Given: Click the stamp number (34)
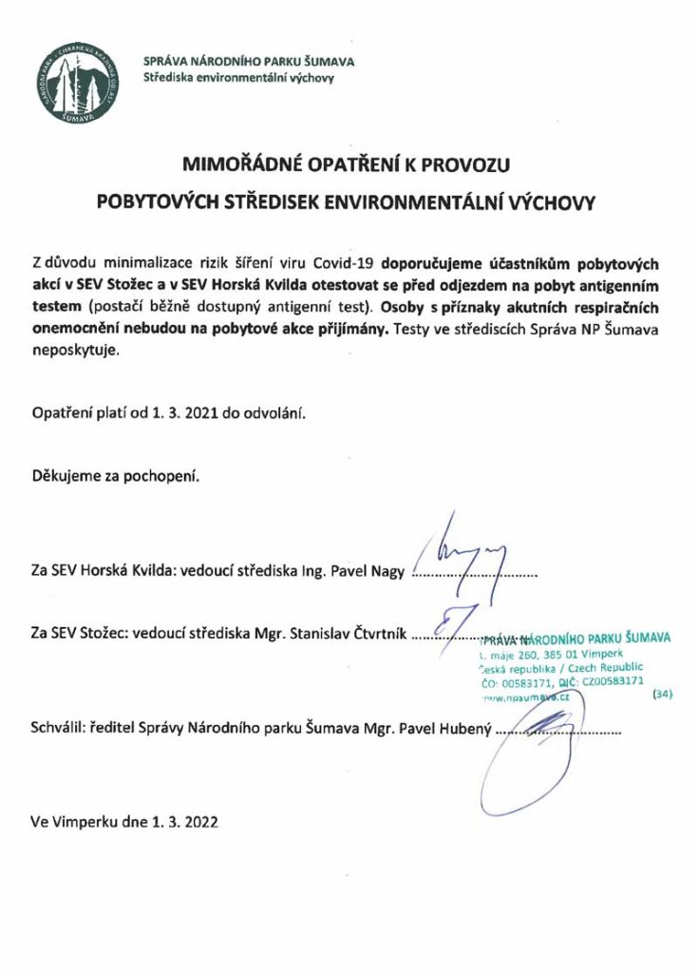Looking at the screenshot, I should (x=662, y=694).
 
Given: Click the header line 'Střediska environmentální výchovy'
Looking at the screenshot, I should (x=238, y=79).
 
